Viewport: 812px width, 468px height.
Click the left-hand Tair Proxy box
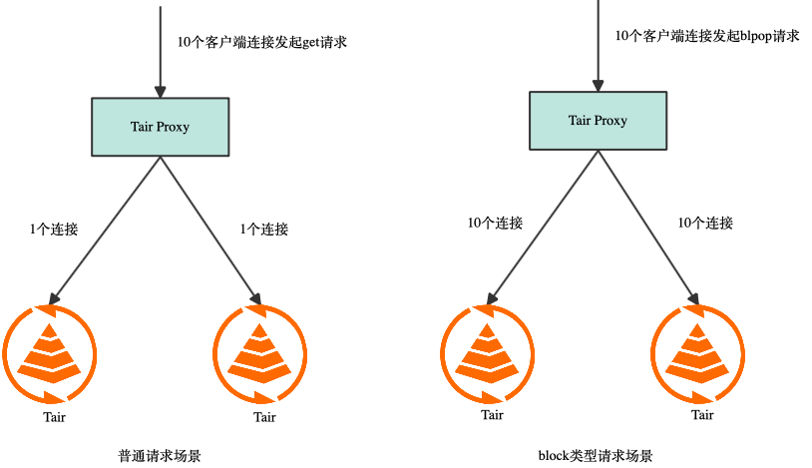point(160,127)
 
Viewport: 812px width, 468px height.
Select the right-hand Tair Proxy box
point(598,121)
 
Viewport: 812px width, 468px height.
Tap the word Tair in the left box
point(142,127)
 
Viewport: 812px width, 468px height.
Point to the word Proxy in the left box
point(173,128)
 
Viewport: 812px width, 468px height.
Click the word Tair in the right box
point(580,121)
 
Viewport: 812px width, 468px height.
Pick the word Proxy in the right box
point(610,121)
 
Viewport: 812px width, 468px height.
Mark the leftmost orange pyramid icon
point(49,354)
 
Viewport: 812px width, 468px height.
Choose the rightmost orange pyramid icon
point(698,354)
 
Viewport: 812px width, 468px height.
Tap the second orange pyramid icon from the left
point(259,354)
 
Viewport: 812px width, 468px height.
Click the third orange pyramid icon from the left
point(488,354)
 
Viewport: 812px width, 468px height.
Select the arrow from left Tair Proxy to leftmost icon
point(106,229)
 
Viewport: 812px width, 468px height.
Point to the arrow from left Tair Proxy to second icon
point(209,229)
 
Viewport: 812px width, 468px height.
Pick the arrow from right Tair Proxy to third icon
point(544,226)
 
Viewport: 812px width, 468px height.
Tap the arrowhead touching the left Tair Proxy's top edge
point(160,91)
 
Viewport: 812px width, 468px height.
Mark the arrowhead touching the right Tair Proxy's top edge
point(598,86)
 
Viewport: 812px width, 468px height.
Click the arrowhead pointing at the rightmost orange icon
point(692,296)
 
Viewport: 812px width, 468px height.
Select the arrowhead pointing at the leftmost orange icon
point(53,297)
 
